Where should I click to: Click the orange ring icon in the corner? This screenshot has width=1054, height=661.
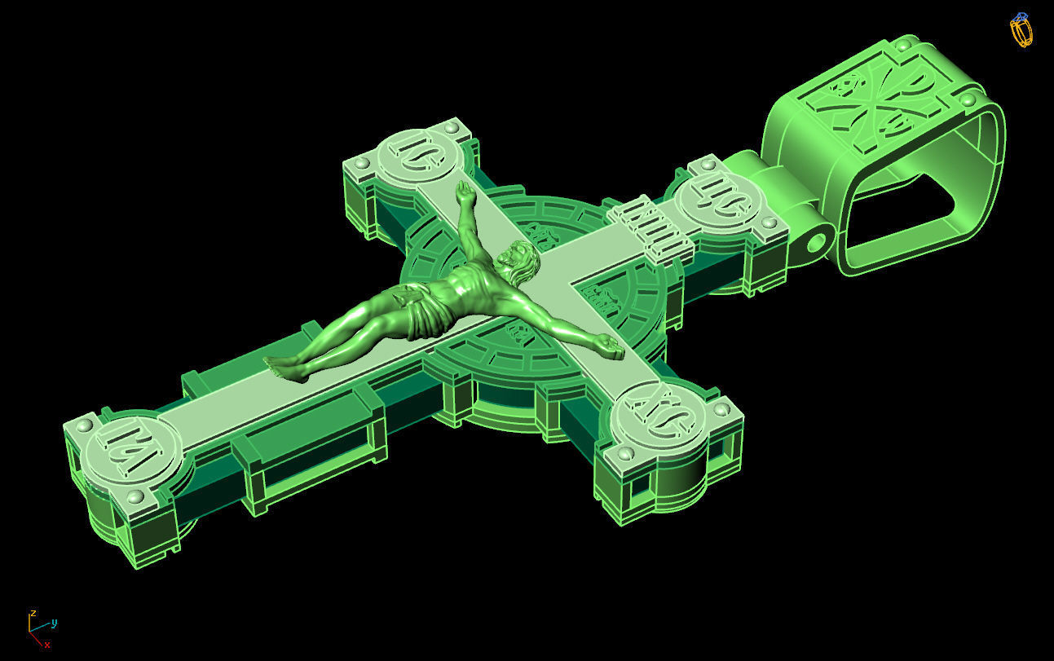coord(1021,30)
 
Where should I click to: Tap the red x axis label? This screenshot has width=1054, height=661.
coord(47,645)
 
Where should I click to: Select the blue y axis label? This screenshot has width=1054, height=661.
coord(54,623)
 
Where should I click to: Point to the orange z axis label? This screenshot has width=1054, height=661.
coord(33,612)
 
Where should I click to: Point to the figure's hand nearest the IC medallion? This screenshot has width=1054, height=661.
coord(465,195)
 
